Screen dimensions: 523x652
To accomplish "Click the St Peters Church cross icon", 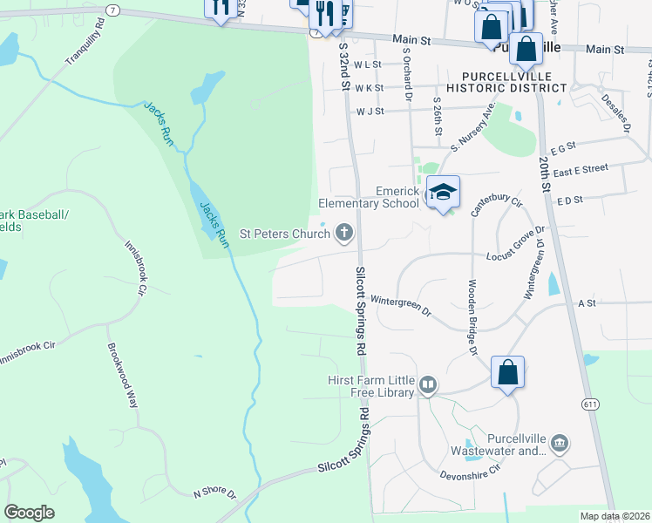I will (x=345, y=232).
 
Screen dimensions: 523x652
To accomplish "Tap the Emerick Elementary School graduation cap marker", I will (x=443, y=192).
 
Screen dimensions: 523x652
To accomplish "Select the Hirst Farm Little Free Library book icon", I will (x=428, y=384).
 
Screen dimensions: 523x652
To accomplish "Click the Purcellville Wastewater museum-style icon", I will (x=560, y=444).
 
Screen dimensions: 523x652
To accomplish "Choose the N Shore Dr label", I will (x=214, y=493).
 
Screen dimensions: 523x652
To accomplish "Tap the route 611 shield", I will (x=592, y=404).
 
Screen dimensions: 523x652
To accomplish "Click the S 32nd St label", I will (x=343, y=67).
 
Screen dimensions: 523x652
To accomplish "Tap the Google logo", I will (x=29, y=513).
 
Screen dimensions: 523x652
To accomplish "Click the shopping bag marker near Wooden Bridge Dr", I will (x=507, y=373).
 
